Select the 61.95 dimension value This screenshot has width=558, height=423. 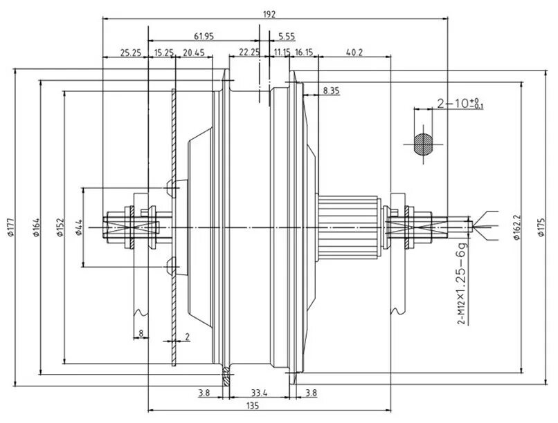[x=204, y=35]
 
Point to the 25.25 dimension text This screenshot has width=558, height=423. [x=130, y=53]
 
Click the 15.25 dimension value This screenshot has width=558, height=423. [x=163, y=53]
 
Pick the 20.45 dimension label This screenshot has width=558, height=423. [x=195, y=53]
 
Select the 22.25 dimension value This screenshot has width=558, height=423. [x=249, y=53]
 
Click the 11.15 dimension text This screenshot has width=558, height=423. [x=282, y=53]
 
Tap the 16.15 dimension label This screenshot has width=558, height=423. [x=305, y=53]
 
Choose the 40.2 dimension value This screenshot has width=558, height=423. [x=354, y=53]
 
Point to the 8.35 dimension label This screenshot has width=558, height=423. [x=332, y=91]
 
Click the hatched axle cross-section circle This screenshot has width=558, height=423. [x=422, y=143]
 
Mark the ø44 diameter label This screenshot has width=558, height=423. [x=79, y=226]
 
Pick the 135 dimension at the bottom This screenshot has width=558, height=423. [x=253, y=408]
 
